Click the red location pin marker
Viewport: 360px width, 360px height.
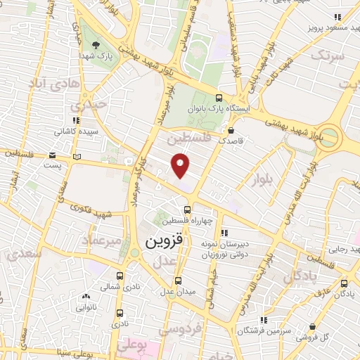181,165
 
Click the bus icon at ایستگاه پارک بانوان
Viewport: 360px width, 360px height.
220,98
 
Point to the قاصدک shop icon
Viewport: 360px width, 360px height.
231,130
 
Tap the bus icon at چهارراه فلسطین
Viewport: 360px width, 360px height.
186,209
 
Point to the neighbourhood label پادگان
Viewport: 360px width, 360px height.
302,277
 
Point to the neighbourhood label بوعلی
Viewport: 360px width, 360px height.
132,345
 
